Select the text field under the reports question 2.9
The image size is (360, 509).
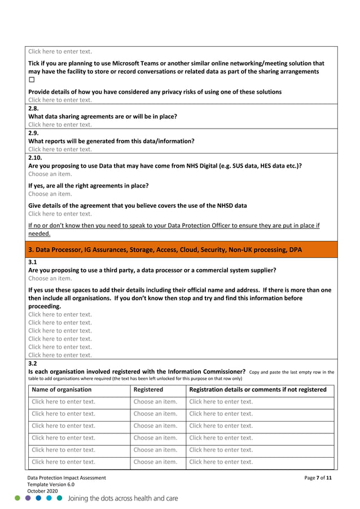pos(60,150)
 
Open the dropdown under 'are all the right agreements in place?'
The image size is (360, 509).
pos(50,194)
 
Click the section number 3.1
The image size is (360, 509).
pos(33,262)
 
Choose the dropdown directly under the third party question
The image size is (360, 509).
pos(50,278)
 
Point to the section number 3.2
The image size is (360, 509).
pos(33,364)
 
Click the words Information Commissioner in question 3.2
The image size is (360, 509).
pos(200,372)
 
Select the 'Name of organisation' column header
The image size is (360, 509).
pos(62,389)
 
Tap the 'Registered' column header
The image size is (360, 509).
pos(148,389)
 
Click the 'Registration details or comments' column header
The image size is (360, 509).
pos(257,389)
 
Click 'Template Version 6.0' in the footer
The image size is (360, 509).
pos(51,485)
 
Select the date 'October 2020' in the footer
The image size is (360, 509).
pos(43,492)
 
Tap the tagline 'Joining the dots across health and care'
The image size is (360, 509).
pos(123,499)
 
